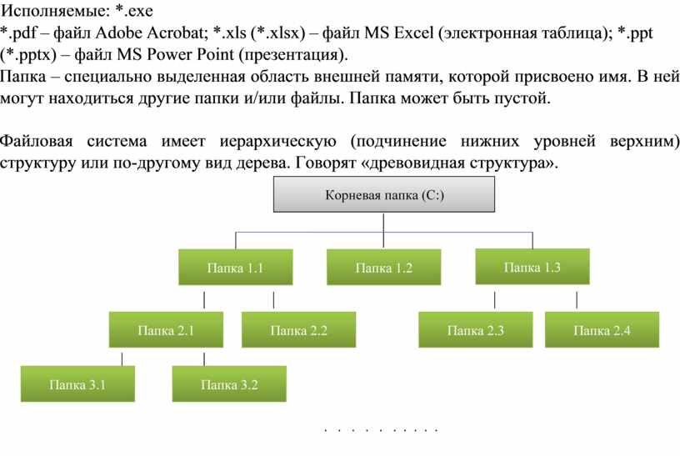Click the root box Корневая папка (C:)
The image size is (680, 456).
tap(384, 194)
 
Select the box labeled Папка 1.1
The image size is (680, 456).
tap(236, 267)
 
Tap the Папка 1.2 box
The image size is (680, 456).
tap(384, 267)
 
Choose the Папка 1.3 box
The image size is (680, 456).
tap(532, 267)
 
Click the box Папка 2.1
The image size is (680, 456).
tap(166, 329)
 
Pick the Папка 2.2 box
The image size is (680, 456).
tap(299, 329)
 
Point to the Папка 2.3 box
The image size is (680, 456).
tap(476, 329)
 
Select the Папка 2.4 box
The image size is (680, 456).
tap(602, 329)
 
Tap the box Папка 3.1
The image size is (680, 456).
tap(77, 383)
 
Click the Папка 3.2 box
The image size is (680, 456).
tap(229, 383)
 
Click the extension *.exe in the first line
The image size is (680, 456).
tap(134, 10)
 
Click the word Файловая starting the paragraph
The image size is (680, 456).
tap(37, 141)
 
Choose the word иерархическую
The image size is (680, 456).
tap(278, 142)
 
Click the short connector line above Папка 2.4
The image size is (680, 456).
tap(577, 300)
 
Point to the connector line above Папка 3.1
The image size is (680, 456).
tap(122, 359)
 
